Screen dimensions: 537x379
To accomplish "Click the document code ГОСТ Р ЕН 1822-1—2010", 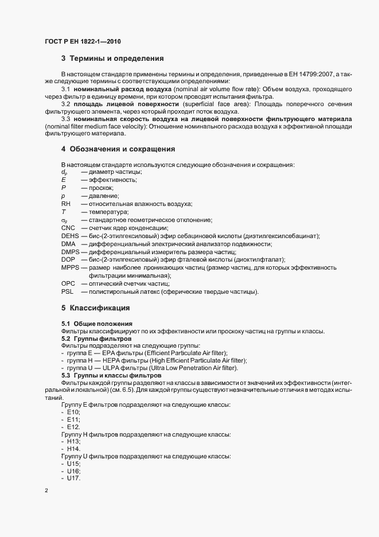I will [x=83, y=42].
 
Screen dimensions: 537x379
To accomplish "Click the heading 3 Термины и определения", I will [x=113, y=59].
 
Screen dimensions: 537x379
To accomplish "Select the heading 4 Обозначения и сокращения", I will [x=118, y=149].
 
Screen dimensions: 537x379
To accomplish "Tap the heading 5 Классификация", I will [x=96, y=308].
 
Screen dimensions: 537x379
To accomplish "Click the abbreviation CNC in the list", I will [x=68, y=228].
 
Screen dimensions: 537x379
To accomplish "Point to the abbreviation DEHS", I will [x=70, y=236].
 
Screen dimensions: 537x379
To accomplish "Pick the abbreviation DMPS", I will [x=71, y=252].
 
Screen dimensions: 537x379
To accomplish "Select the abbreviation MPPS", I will [x=71, y=268].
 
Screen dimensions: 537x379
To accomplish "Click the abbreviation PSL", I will [x=68, y=291].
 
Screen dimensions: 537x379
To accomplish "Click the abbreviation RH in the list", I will [x=66, y=204].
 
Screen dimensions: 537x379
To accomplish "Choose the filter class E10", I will [x=73, y=412].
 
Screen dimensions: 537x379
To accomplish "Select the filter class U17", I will [x=73, y=478].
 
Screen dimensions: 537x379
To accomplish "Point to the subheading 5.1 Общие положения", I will [x=97, y=324].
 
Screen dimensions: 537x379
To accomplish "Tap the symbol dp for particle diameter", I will [x=64, y=173].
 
